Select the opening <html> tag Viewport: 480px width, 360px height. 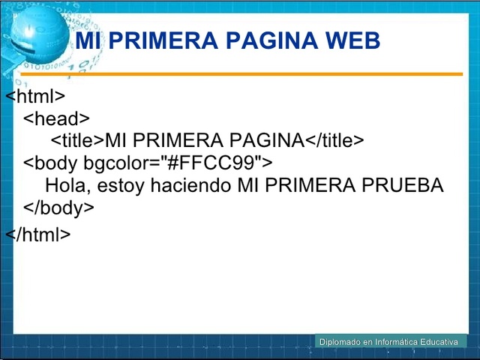point(36,97)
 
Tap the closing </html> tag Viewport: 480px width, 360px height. point(38,234)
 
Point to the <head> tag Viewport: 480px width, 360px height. point(56,118)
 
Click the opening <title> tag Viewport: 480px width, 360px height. point(77,140)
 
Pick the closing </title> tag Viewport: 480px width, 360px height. point(334,140)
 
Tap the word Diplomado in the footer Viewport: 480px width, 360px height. point(339,342)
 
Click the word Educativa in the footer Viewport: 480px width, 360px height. point(439,342)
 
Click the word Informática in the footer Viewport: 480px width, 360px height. point(394,342)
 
